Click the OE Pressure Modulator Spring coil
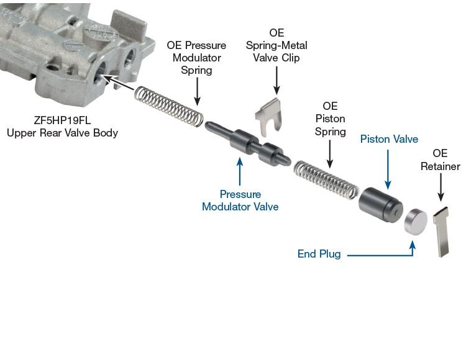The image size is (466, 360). pos(169,105)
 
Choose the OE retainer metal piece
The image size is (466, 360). pos(443,230)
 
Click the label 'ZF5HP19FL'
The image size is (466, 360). pos(62,121)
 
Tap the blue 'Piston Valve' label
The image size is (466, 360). pos(389,139)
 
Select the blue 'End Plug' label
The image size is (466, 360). pos(319,254)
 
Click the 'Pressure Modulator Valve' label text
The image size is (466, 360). pos(240,200)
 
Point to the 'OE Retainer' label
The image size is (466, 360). pos(440,160)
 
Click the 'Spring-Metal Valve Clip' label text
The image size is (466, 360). pos(276,46)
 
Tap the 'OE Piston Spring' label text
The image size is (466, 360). pos(330,119)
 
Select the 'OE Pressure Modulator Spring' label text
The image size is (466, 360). pos(196,58)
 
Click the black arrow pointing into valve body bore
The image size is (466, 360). pos(118,84)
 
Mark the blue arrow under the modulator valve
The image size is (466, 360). pos(240,171)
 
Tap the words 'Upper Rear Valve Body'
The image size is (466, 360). pos(62,133)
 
